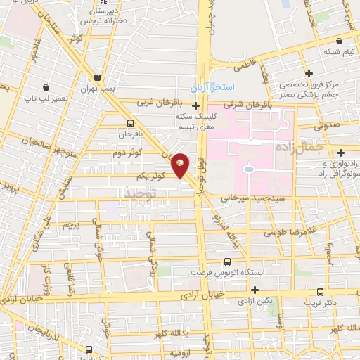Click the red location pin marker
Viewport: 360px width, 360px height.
181,164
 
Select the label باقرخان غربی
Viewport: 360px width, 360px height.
154,102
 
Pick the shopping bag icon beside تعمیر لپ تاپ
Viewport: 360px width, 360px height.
46,88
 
